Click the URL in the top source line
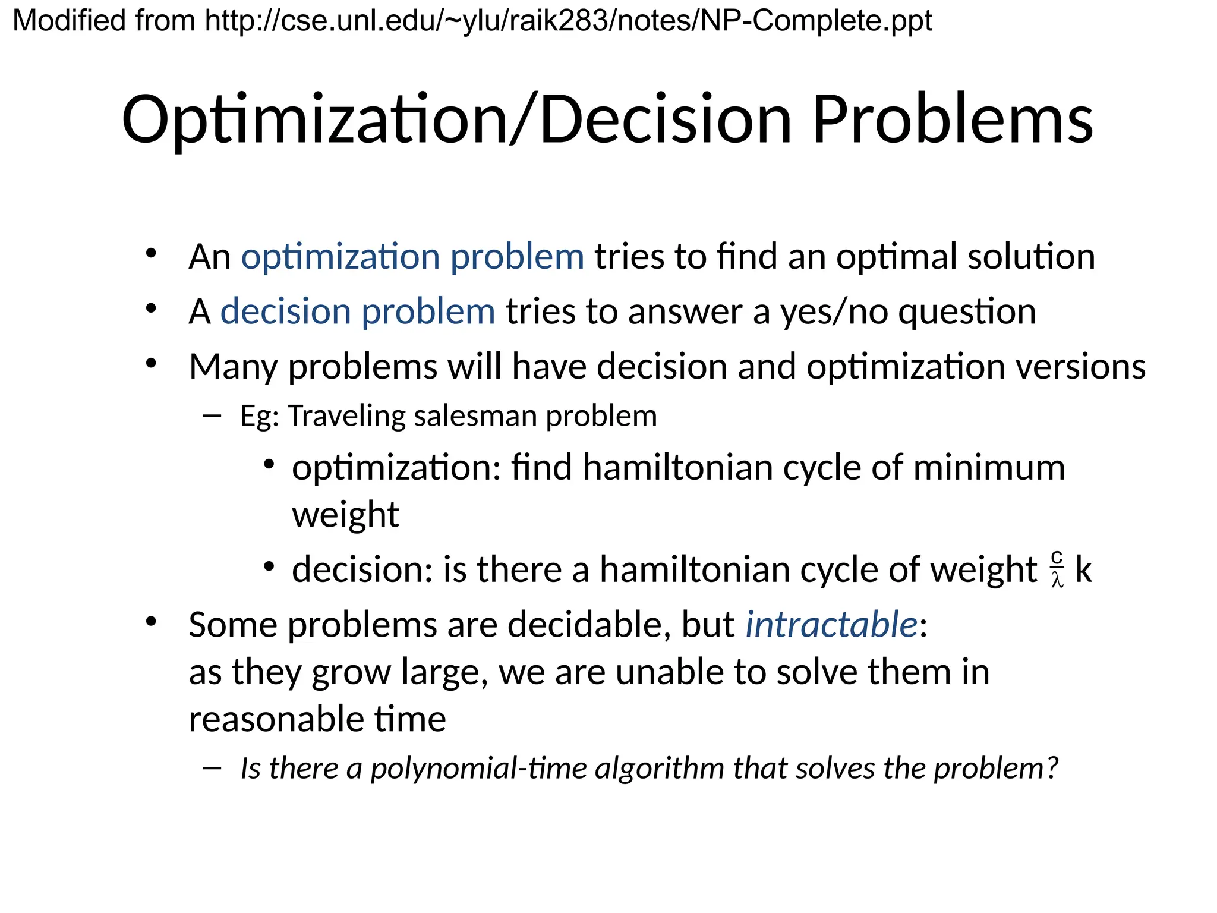[568, 21]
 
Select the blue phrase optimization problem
[412, 257]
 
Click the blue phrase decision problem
[357, 312]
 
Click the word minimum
[989, 468]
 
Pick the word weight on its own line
[345, 515]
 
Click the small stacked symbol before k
[1057, 569]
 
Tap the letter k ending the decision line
[1083, 569]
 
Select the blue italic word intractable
[831, 625]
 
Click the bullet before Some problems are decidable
[151, 622]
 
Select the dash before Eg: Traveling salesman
[212, 415]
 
